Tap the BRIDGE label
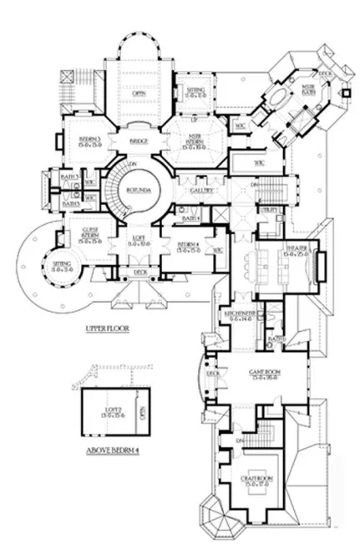click(138, 142)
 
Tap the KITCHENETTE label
click(239, 315)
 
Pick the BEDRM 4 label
click(187, 247)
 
